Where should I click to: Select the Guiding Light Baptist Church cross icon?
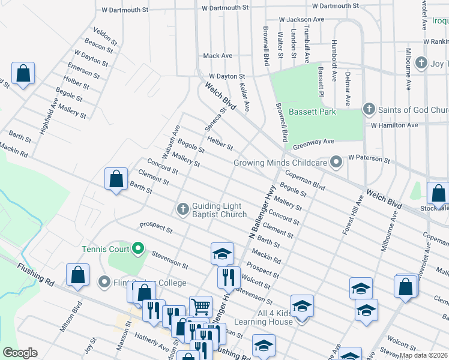[183, 209]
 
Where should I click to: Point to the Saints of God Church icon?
[368, 110]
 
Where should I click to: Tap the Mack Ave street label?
[217, 56]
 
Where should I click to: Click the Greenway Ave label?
[313, 143]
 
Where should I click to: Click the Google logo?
[19, 353]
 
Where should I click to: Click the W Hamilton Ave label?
[394, 125]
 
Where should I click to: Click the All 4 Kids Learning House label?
[267, 318]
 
